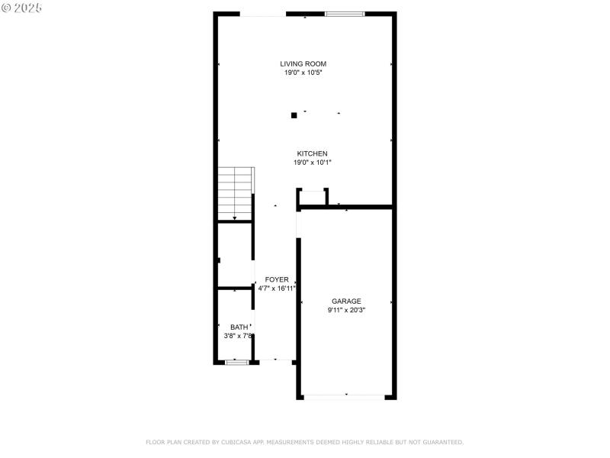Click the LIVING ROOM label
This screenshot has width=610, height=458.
pos(303,64)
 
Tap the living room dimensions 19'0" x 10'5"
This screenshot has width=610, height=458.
pos(303,73)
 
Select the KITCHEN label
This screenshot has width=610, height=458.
pos(312,153)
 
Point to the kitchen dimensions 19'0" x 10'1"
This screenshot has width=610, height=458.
pos(312,163)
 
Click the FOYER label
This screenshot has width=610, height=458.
pos(277,279)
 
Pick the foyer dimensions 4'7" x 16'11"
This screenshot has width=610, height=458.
pos(277,289)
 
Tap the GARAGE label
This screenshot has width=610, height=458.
pos(346,301)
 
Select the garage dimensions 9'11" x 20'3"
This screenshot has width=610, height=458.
pos(346,310)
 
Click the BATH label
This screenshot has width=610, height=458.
pos(239,327)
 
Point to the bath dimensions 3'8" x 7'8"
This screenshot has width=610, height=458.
pos(238,336)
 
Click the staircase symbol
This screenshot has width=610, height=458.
pos(235,194)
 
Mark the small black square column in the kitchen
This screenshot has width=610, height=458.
pos(294,116)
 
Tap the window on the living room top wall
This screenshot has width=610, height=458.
pos(345,14)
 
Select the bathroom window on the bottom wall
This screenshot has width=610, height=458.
pos(236,362)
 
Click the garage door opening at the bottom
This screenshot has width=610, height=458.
pos(346,397)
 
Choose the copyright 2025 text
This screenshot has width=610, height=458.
pos(22,8)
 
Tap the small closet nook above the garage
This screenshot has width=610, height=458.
pos(313,198)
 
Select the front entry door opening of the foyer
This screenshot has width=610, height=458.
pos(274,360)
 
